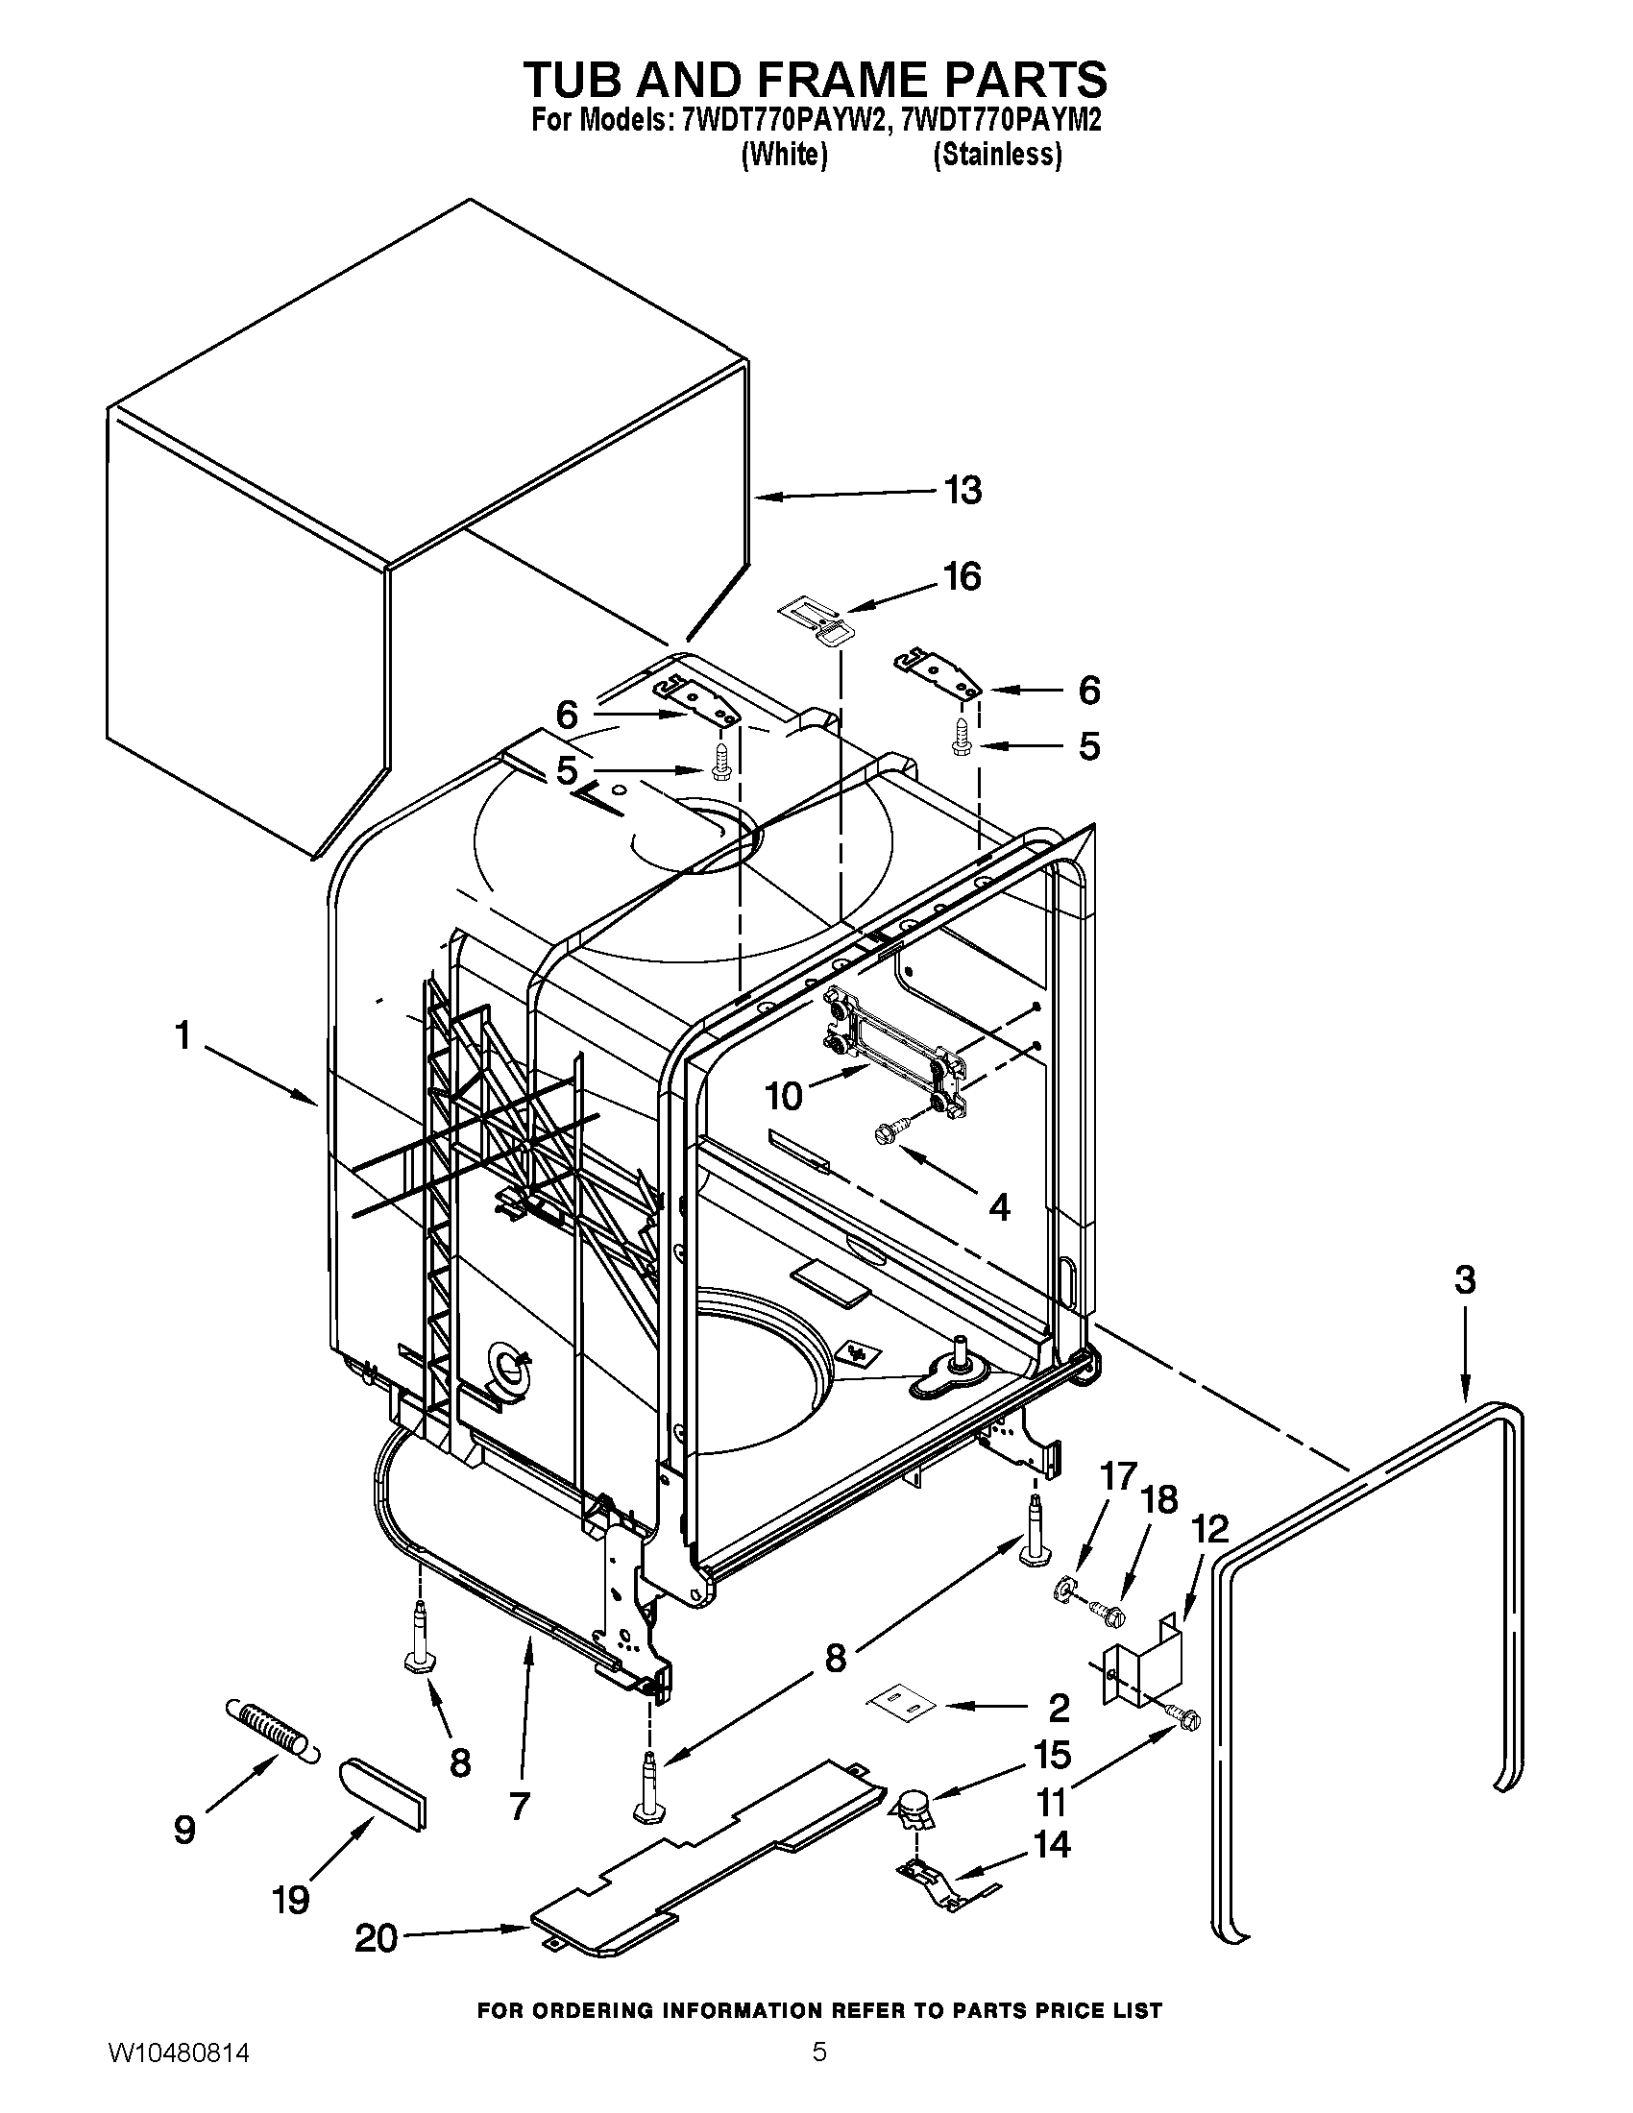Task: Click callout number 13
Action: (963, 491)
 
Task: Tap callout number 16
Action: (963, 576)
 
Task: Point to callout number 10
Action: (784, 1096)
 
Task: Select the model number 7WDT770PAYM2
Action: (1001, 121)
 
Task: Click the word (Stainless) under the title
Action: (997, 155)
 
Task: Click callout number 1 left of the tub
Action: (182, 1036)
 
